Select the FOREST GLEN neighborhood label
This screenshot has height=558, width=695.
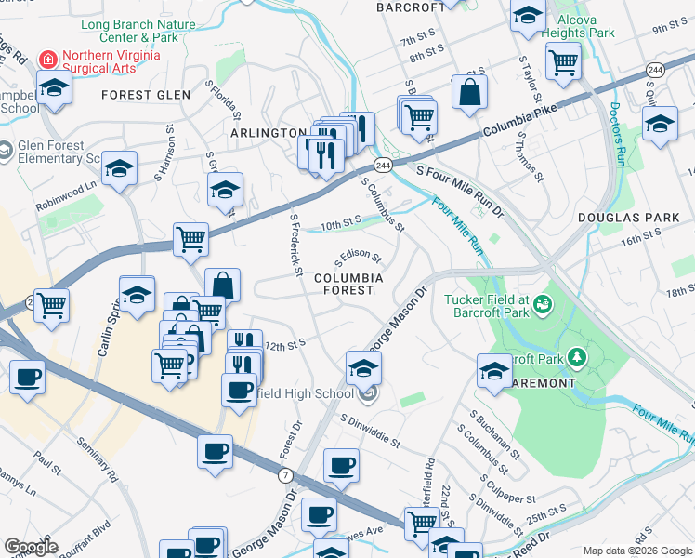click(x=146, y=95)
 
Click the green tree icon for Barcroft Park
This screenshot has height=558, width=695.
click(x=577, y=357)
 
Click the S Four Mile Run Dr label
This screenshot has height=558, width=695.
click(x=460, y=186)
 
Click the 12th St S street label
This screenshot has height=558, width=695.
click(x=285, y=344)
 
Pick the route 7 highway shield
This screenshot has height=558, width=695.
click(x=285, y=475)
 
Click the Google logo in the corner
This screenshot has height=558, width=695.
click(x=32, y=547)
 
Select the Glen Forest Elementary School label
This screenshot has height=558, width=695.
click(x=56, y=152)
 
